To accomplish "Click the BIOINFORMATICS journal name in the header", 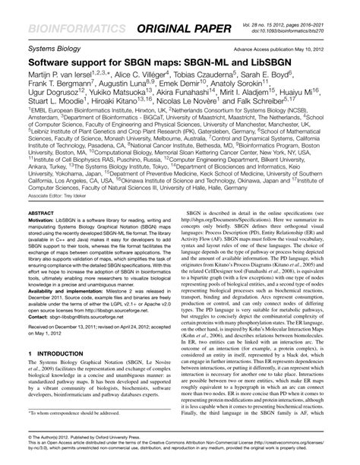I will pyautogui.click(x=73, y=30).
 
